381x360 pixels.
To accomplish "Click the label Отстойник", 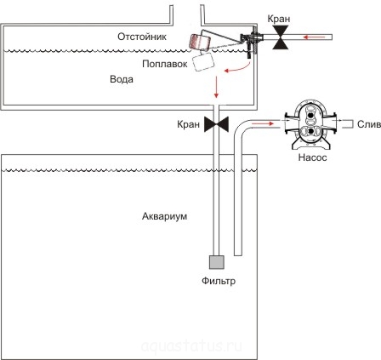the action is tap(142, 37).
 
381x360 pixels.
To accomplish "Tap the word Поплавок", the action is tap(165, 64).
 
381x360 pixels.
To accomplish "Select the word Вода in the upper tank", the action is tap(122, 79).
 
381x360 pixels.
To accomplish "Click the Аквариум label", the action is tap(164, 216).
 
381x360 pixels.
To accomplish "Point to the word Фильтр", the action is tap(219, 281).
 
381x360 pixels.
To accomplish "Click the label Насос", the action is tap(312, 157).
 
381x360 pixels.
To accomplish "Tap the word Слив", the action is tap(368, 124).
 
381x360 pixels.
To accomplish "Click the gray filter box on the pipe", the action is tap(217, 262).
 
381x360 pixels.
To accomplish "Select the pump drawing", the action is tap(311, 124).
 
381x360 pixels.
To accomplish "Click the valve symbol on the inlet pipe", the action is tap(281, 37).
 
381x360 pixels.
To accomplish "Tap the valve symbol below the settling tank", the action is tap(216, 124).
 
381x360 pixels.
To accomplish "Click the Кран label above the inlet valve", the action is tap(279, 19).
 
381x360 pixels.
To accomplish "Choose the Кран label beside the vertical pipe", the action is tap(188, 124).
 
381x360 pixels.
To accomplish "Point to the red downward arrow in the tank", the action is tap(217, 87).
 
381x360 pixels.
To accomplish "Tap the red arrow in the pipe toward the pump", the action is tap(263, 123).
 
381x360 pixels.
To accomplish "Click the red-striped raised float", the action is tap(199, 42).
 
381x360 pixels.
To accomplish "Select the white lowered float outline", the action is tap(203, 61).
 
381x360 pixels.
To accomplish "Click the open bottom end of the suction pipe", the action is tap(238, 254).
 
